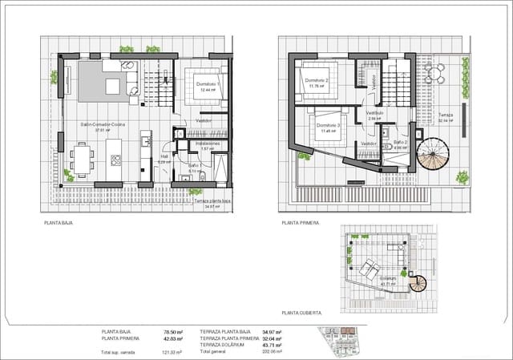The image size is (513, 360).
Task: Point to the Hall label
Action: (x=164, y=157)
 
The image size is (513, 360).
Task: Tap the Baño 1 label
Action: (x=195, y=165)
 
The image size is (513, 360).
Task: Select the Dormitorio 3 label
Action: (x=329, y=126)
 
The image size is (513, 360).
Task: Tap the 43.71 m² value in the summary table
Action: (x=271, y=345)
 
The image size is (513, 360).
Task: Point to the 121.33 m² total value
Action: (x=172, y=352)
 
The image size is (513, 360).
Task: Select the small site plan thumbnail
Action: (x=341, y=341)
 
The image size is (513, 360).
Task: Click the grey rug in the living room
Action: (x=106, y=80)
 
